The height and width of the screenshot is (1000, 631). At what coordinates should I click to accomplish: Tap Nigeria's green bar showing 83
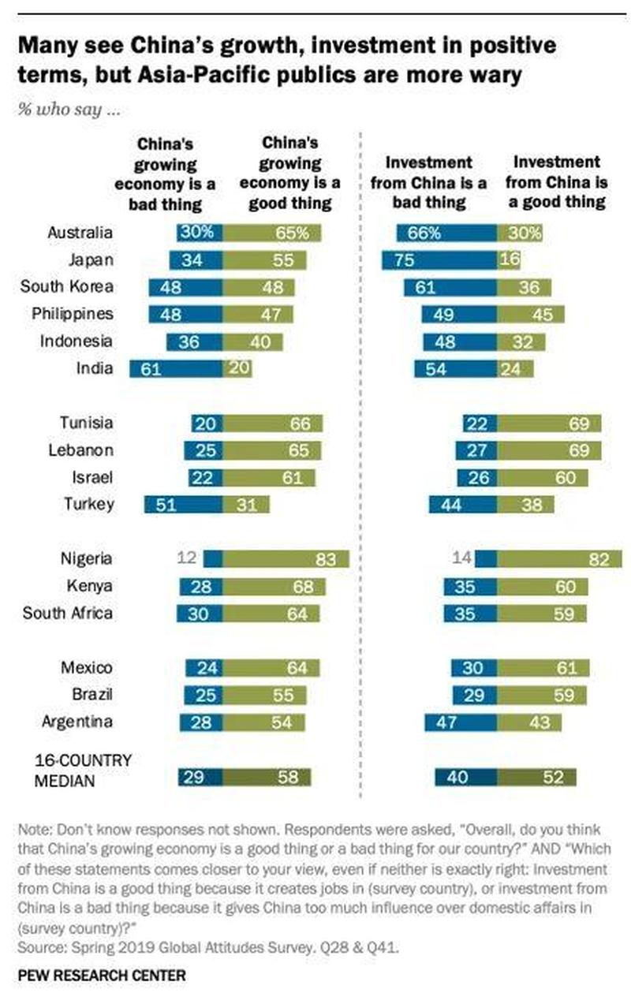point(286,559)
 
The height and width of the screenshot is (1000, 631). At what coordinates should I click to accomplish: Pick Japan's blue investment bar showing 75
point(439,259)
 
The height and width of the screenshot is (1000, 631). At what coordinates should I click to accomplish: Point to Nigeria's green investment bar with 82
point(559,559)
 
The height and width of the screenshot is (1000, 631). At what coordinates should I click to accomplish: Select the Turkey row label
point(89,505)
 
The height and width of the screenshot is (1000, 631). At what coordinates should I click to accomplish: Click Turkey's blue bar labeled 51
point(183,505)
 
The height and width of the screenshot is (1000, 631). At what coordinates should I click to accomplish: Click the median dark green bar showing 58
point(267,778)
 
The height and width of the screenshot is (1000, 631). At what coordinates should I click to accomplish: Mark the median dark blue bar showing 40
point(465,778)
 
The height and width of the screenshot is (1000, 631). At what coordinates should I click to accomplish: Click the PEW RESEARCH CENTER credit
point(102,976)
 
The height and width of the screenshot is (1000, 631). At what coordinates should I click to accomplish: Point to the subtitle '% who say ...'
point(69,110)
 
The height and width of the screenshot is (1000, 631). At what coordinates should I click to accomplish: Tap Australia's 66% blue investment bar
point(446,233)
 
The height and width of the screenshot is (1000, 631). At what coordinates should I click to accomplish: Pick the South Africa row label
point(68,614)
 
